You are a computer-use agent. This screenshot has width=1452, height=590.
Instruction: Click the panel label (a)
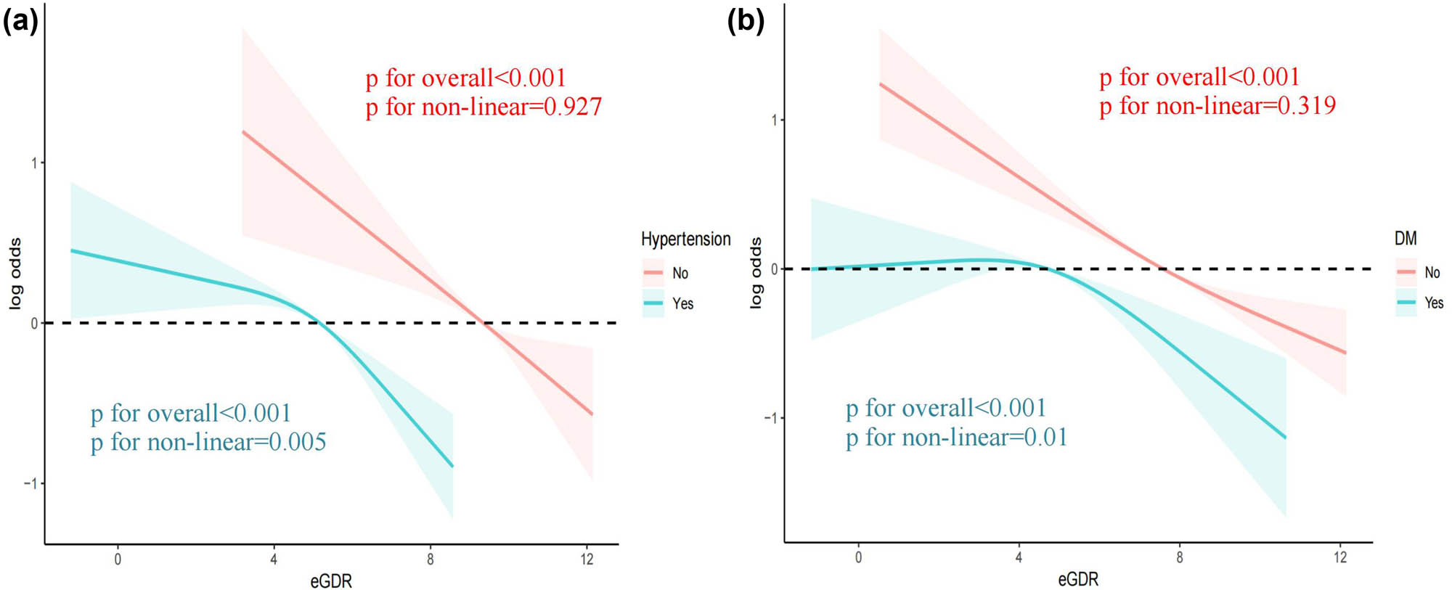(x=20, y=21)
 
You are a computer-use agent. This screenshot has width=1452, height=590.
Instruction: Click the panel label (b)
(x=746, y=21)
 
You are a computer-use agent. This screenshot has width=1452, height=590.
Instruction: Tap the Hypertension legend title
(x=685, y=239)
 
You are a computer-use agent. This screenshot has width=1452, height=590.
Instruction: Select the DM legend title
(x=1406, y=239)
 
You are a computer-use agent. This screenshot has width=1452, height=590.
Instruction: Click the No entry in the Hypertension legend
(x=680, y=274)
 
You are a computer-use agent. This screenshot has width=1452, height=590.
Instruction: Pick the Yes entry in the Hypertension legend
(x=682, y=304)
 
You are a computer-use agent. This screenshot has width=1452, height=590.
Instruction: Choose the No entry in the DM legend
(x=1432, y=273)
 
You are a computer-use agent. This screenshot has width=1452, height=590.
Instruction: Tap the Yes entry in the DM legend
(x=1434, y=303)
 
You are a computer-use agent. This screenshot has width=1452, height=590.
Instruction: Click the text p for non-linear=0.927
(x=484, y=107)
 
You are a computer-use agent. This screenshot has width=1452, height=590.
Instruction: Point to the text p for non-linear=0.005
(x=208, y=442)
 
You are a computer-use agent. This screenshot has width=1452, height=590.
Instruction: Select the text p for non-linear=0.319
(x=1218, y=107)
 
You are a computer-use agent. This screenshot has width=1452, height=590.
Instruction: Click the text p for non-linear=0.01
(x=956, y=438)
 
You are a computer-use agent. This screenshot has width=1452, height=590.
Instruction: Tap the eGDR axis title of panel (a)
(x=331, y=581)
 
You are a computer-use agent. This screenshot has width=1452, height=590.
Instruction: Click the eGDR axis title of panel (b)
(x=1078, y=579)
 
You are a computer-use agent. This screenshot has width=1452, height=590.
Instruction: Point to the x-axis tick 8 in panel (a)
(x=431, y=560)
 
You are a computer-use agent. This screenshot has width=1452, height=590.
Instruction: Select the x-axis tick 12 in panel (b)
(x=1340, y=557)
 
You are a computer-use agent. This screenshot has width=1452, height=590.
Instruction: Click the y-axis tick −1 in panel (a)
(x=30, y=483)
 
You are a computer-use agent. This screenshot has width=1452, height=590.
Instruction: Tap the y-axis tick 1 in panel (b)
(x=774, y=120)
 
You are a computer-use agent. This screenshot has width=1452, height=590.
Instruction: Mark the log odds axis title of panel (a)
(x=15, y=274)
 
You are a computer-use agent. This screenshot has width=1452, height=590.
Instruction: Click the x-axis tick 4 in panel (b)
(x=1019, y=557)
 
